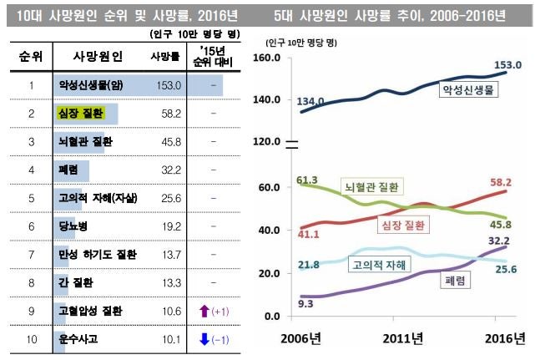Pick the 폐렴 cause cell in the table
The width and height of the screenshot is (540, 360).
tap(70, 170)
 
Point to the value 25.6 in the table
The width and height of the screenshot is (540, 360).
tap(169, 198)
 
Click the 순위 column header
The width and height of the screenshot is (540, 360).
tap(31, 57)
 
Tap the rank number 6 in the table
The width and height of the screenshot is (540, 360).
tap(30, 226)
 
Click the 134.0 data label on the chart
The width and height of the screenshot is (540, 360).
tap(313, 101)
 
